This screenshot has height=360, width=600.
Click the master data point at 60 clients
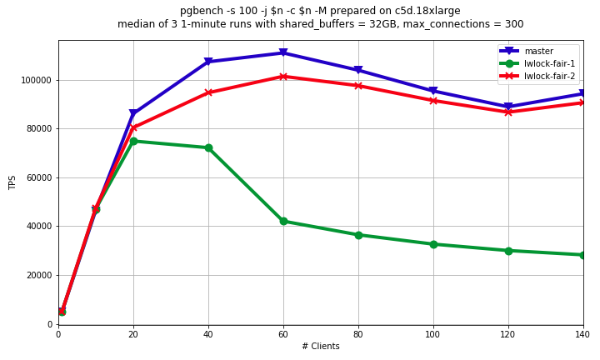pos(283,53)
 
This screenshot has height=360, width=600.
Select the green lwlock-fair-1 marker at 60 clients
pos(283,221)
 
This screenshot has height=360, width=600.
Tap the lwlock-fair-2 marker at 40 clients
pos(208,92)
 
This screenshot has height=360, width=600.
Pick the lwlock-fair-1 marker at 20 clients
pos(133,141)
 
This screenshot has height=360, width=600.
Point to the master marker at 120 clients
pos(508,107)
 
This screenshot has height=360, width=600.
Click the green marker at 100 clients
pos(433,244)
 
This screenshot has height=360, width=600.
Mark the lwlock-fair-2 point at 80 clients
pos(358,86)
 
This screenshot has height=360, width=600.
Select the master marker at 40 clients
pos(208,62)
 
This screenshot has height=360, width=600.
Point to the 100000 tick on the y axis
pos(37,80)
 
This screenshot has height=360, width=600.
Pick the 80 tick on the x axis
pos(358,334)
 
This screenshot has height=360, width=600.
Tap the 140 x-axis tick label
pos(582,334)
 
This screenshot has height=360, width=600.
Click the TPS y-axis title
pos(12,182)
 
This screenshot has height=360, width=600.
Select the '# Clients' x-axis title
pos(320,347)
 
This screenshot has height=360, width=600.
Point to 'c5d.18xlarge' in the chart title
pos(430,11)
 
